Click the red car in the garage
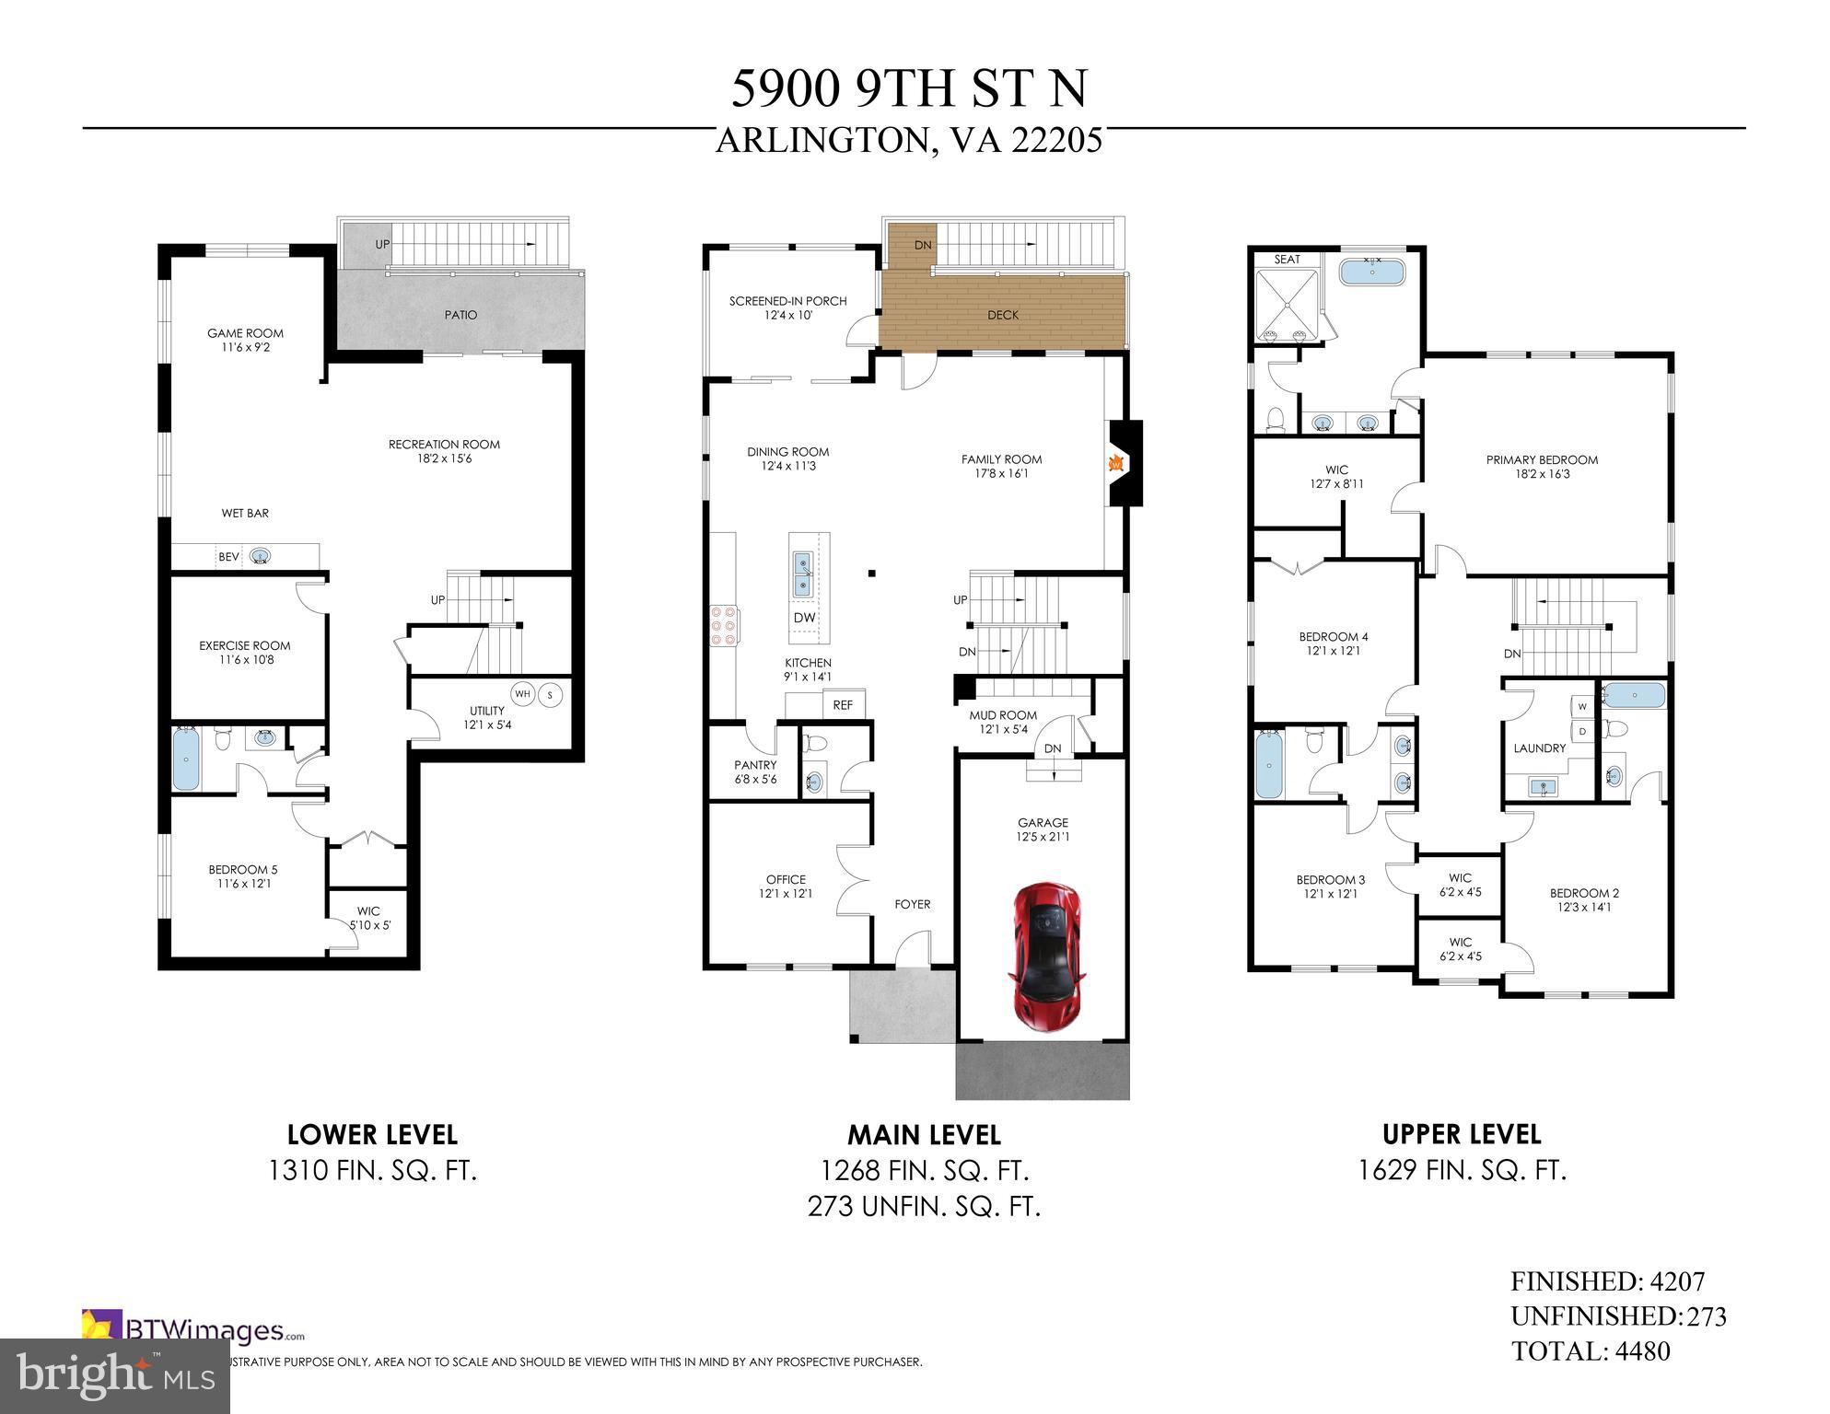pyautogui.click(x=1047, y=956)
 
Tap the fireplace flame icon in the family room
pyautogui.click(x=1116, y=463)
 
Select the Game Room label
pyautogui.click(x=245, y=333)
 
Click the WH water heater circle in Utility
pyautogui.click(x=523, y=694)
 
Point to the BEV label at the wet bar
pyautogui.click(x=228, y=557)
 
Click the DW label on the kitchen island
pyautogui.click(x=804, y=618)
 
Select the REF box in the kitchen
pyautogui.click(x=843, y=705)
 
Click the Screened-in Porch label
pyautogui.click(x=787, y=301)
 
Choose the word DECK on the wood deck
pyautogui.click(x=1003, y=315)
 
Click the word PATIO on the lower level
pyautogui.click(x=460, y=315)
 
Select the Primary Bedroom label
pyautogui.click(x=1542, y=460)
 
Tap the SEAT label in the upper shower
pyautogui.click(x=1287, y=260)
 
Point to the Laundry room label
pyautogui.click(x=1539, y=748)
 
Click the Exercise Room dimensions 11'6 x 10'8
pyautogui.click(x=245, y=660)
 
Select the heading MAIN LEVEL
pyautogui.click(x=924, y=1134)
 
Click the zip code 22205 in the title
pyautogui.click(x=1056, y=141)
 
